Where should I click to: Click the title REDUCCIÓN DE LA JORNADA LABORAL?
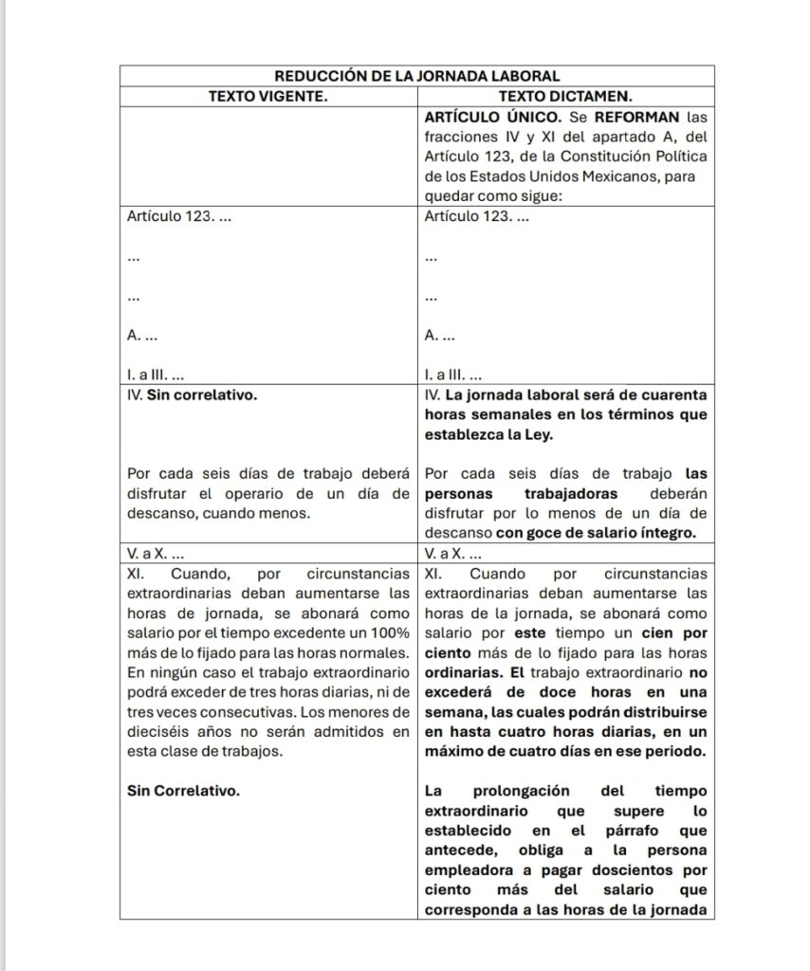(416, 75)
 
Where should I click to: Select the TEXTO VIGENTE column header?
(268, 95)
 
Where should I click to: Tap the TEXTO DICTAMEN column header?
(565, 96)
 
